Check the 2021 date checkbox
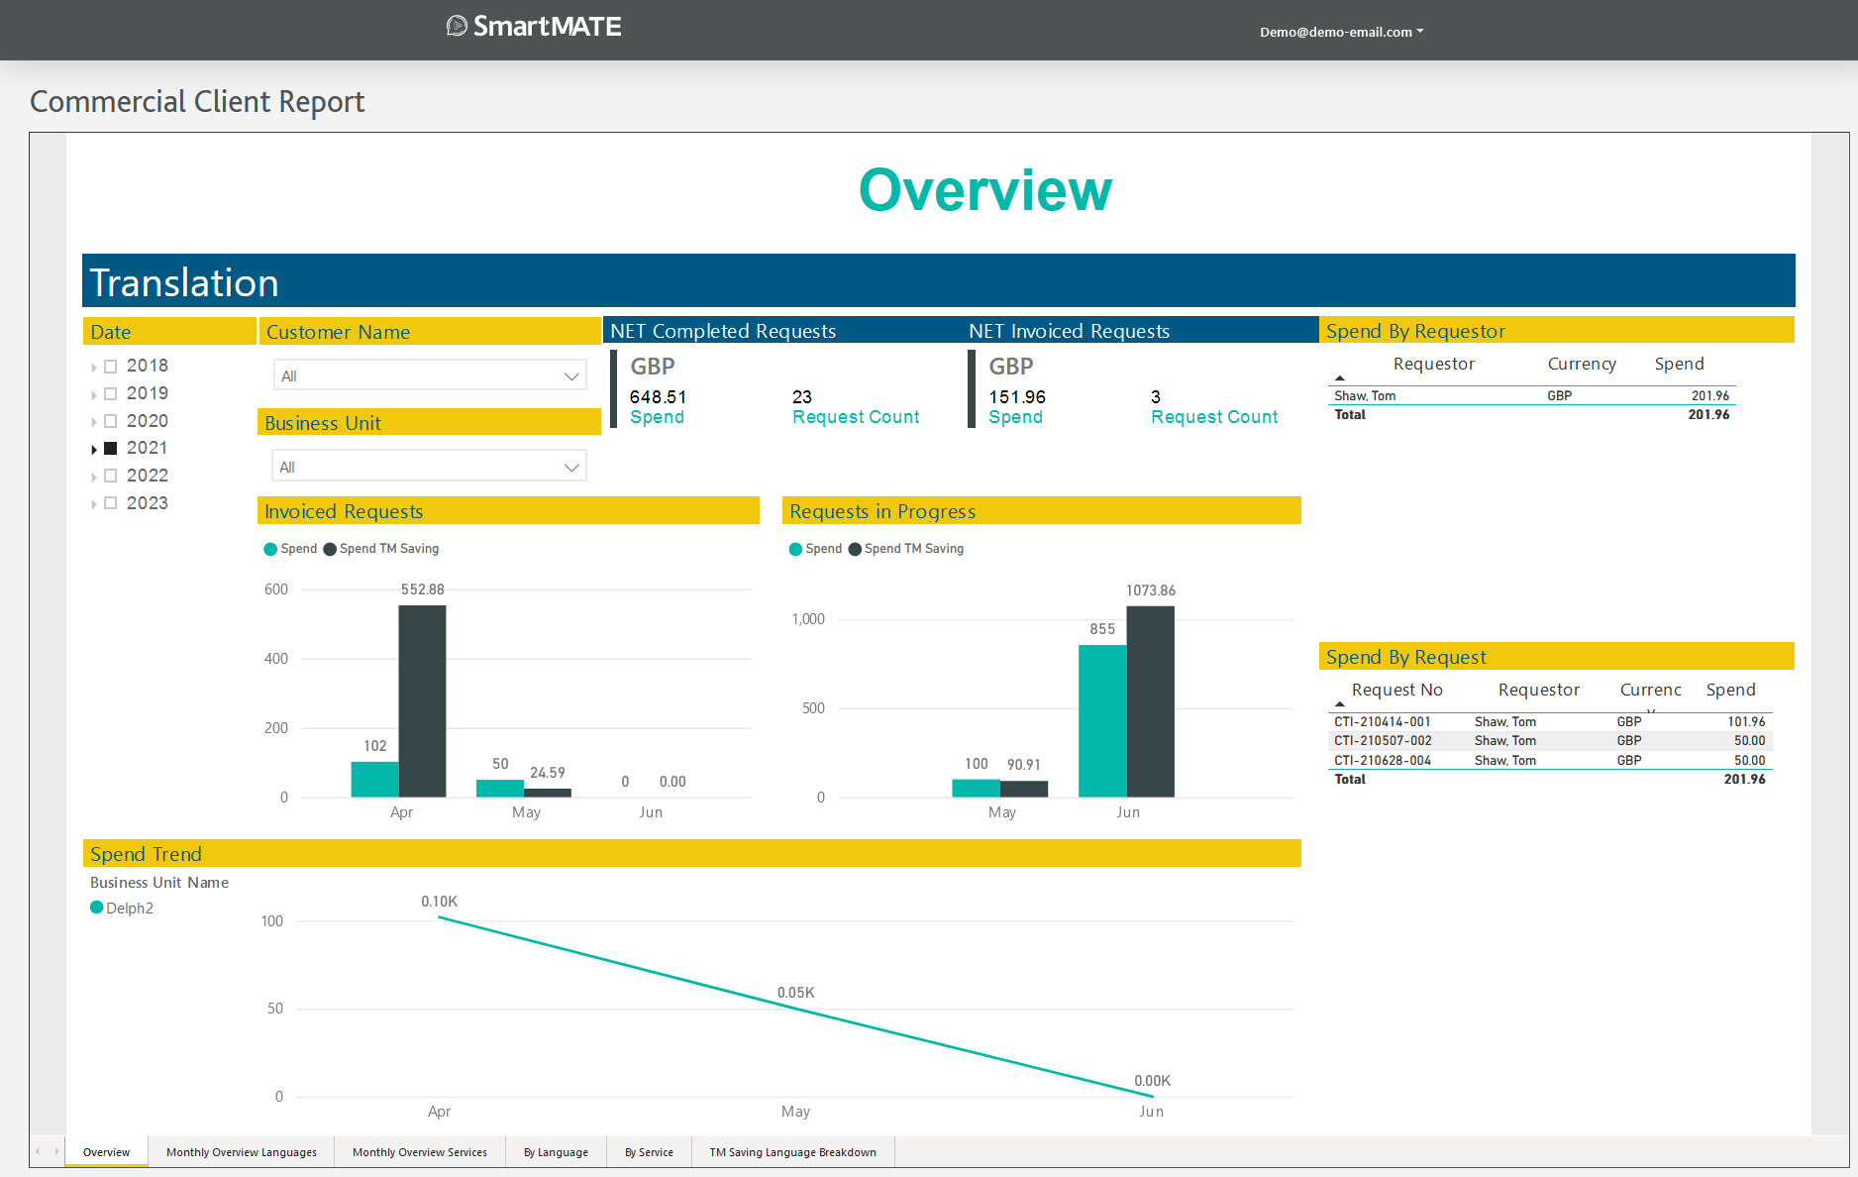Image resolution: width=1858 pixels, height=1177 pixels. point(111,449)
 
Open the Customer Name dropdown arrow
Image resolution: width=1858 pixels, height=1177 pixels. point(571,376)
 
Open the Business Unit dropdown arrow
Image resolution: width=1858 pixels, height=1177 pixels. point(571,468)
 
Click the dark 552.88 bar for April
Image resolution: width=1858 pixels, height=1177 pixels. point(422,700)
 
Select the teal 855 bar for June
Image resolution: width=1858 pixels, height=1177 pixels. point(1102,720)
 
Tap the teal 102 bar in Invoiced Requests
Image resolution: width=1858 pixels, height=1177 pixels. point(374,779)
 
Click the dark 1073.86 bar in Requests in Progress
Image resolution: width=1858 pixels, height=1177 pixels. point(1151,700)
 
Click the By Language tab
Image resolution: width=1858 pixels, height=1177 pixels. point(556,1152)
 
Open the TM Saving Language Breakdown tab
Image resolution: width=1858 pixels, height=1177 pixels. point(792,1152)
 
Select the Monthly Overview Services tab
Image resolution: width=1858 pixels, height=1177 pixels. point(420,1152)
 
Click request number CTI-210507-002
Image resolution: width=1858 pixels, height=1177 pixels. point(1383,741)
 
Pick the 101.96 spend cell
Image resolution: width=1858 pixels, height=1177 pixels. point(1746,722)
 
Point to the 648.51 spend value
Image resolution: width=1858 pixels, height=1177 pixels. point(658,397)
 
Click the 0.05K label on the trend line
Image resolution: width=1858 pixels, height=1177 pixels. point(795,993)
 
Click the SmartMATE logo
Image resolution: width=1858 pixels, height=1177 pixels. point(535,27)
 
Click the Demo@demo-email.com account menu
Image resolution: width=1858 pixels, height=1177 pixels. point(1341,32)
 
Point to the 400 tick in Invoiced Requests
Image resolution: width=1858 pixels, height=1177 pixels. point(276,659)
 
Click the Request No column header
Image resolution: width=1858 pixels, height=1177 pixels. point(1396,691)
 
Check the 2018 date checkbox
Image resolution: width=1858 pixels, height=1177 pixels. point(111,367)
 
